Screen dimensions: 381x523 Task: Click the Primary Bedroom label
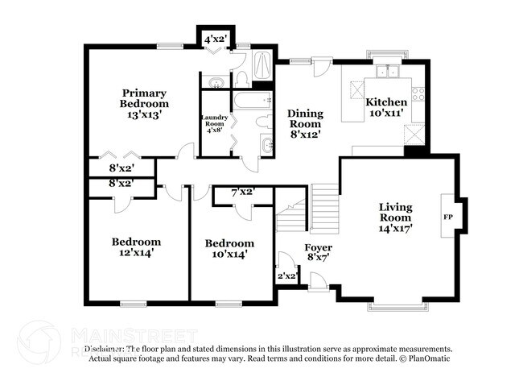(144, 103)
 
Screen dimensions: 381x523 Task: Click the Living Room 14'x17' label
(395, 217)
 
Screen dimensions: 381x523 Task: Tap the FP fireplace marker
(448, 217)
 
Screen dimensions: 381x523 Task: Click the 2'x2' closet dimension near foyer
(287, 276)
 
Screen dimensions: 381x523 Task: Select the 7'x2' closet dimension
(242, 192)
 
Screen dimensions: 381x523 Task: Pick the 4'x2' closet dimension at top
(214, 39)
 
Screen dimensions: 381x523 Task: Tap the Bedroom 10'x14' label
(229, 248)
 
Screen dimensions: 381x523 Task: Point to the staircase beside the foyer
(324, 201)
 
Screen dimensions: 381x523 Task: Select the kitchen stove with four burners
(418, 94)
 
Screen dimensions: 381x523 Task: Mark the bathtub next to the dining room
(253, 101)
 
